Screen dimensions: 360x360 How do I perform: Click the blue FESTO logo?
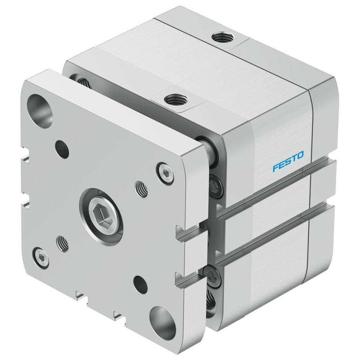pyautogui.click(x=288, y=161)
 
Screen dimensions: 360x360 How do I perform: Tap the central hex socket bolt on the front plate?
pyautogui.click(x=101, y=216)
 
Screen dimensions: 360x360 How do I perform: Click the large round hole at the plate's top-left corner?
pyautogui.click(x=40, y=111)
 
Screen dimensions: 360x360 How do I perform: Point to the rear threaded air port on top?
pyautogui.click(x=223, y=37)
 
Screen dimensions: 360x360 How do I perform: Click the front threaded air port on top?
pyautogui.click(x=176, y=100)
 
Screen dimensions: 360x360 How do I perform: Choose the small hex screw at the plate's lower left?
pyautogui.click(x=41, y=257)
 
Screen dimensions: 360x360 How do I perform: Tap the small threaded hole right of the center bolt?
pyautogui.click(x=141, y=189)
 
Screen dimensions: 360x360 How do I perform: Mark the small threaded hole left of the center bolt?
pyautogui.click(x=62, y=243)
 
